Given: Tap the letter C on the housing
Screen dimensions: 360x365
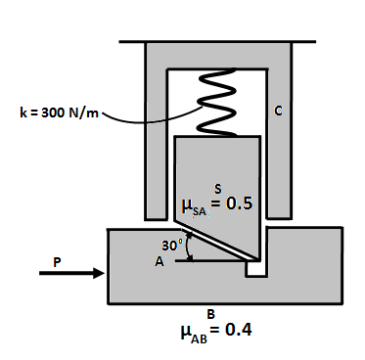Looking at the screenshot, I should pos(279,112).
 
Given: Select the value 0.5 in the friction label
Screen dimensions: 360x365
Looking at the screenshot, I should pos(239,204).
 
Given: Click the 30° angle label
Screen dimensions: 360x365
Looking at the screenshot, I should pos(171,246).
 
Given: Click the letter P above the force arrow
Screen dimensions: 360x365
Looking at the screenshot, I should pos(60,261).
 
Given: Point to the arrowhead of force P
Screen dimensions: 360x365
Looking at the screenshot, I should pos(98,274).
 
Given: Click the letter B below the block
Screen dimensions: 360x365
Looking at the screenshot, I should pos(210,313).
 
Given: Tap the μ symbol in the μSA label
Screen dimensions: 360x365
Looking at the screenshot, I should pos(189,206).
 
